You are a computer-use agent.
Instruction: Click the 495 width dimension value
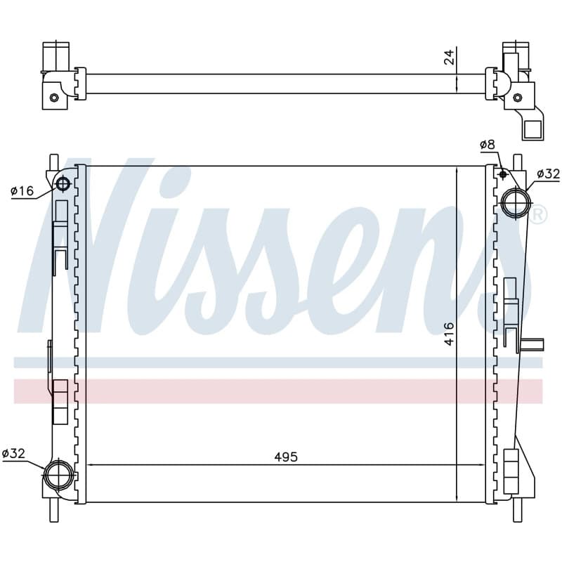(286, 457)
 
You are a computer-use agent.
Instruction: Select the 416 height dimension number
(449, 334)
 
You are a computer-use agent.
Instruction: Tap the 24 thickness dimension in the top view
(449, 57)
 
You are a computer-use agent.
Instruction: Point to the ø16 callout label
(22, 190)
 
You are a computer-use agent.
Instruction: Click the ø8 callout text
(488, 145)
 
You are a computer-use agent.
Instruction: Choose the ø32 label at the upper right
(549, 174)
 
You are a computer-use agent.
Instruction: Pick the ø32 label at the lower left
(13, 453)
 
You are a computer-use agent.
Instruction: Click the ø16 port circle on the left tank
(63, 184)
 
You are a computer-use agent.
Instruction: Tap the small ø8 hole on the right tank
(503, 174)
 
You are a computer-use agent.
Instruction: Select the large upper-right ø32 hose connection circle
(516, 203)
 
